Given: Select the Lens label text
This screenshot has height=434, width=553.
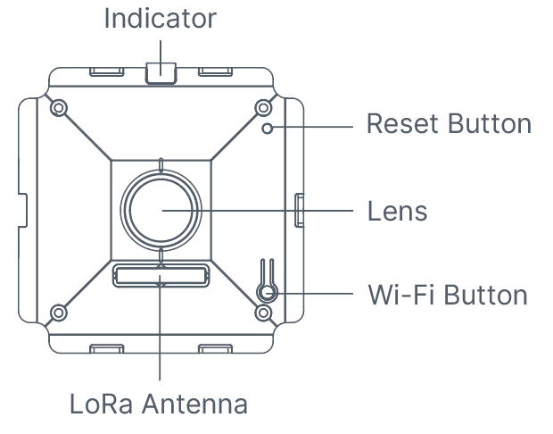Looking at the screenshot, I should [x=398, y=213].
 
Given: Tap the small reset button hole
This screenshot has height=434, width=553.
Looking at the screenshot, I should [x=268, y=129].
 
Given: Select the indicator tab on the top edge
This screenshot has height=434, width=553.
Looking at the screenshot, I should [x=161, y=71].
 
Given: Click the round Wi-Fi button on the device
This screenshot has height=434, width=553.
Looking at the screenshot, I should [x=266, y=292].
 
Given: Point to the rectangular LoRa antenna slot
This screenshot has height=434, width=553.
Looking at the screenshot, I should [x=161, y=275].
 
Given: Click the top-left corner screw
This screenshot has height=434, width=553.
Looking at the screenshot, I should [x=59, y=109].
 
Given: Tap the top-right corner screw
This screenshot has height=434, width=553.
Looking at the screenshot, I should [x=263, y=109].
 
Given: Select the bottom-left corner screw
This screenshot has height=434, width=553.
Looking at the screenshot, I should [x=59, y=313].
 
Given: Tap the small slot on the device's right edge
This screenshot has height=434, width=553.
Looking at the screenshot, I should [x=298, y=208].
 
